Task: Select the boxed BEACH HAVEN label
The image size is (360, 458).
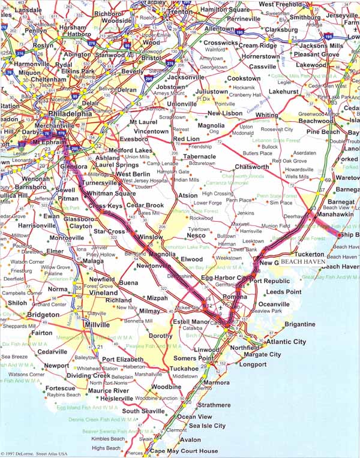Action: [x=303, y=262]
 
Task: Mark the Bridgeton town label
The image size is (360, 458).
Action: [x=43, y=314]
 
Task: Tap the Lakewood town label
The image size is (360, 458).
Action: [x=311, y=64]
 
